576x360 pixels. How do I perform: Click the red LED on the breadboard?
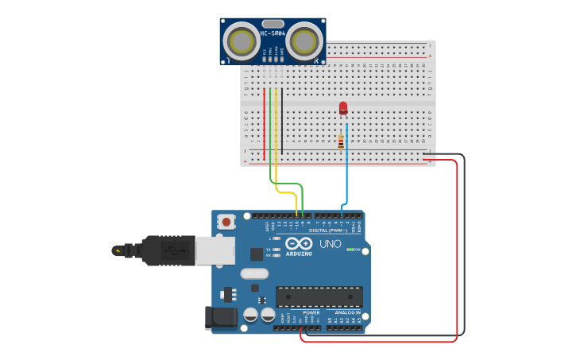[343, 107]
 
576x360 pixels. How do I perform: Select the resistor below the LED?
[341, 142]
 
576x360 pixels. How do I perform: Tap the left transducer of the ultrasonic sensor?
[240, 39]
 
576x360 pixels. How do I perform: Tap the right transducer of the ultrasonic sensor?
[304, 39]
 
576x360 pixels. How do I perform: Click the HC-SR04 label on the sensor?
[273, 33]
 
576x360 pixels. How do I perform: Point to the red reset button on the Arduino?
[226, 222]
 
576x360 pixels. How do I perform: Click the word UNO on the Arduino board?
[330, 244]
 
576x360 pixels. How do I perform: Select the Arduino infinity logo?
[300, 243]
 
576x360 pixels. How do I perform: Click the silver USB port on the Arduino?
[215, 250]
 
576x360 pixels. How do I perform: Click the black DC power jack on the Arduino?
[221, 318]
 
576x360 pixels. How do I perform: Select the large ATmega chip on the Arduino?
[319, 296]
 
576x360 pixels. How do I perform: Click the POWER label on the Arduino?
[311, 312]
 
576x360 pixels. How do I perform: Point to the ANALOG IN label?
[347, 312]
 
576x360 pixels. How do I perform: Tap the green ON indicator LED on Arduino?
[350, 250]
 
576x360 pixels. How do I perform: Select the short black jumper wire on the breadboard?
[282, 119]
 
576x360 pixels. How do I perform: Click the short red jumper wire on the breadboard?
[265, 119]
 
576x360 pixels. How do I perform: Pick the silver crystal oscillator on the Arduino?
[254, 273]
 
